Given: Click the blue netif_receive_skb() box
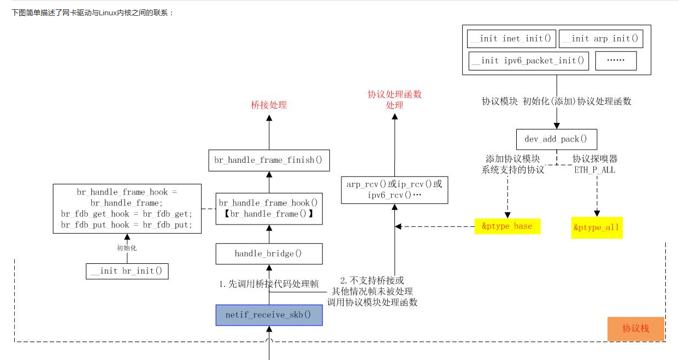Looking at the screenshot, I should [269, 315].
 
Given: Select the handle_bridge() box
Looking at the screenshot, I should [269, 254].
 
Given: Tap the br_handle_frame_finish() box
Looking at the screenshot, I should [269, 160].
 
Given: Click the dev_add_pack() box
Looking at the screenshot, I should [556, 139].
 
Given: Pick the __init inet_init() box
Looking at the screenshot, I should [511, 39].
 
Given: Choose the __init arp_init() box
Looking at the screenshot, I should [600, 39].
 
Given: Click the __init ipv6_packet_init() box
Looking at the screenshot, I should [528, 61].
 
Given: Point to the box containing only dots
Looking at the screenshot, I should [616, 61].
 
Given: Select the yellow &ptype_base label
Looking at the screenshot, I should [507, 226].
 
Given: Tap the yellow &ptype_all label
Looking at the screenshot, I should [597, 227].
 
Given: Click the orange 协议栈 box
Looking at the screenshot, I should [635, 329].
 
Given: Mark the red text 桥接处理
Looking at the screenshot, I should [269, 105].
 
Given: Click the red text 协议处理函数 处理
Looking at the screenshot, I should [394, 99].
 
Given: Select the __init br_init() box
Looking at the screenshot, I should [127, 271].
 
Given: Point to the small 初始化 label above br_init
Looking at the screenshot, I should [127, 248].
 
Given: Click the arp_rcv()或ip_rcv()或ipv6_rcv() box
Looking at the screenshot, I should [394, 190].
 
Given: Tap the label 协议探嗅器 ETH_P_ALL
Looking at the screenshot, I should [594, 164].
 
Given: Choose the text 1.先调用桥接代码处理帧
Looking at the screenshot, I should [269, 284].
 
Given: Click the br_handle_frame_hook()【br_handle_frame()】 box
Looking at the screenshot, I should [269, 209].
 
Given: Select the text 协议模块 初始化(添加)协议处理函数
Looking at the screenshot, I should [556, 102].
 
